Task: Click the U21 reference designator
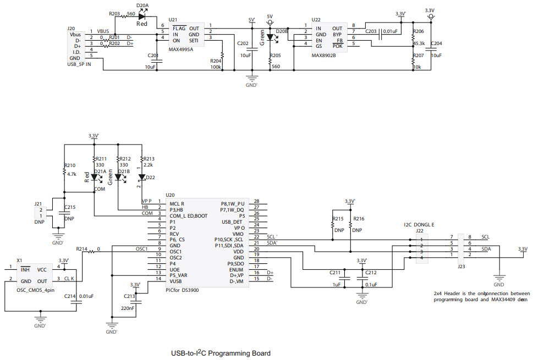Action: coord(173,19)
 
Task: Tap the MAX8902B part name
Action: coord(325,55)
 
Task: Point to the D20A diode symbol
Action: coord(142,17)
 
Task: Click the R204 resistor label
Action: coord(216,61)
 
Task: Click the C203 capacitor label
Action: coord(371,32)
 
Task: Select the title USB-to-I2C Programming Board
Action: coord(221,353)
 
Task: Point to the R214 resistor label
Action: coord(82,249)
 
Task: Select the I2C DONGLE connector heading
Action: coord(418,224)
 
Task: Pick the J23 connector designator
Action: coord(460,266)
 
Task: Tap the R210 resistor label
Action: coord(70,165)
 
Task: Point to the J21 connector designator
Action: coord(37,203)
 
